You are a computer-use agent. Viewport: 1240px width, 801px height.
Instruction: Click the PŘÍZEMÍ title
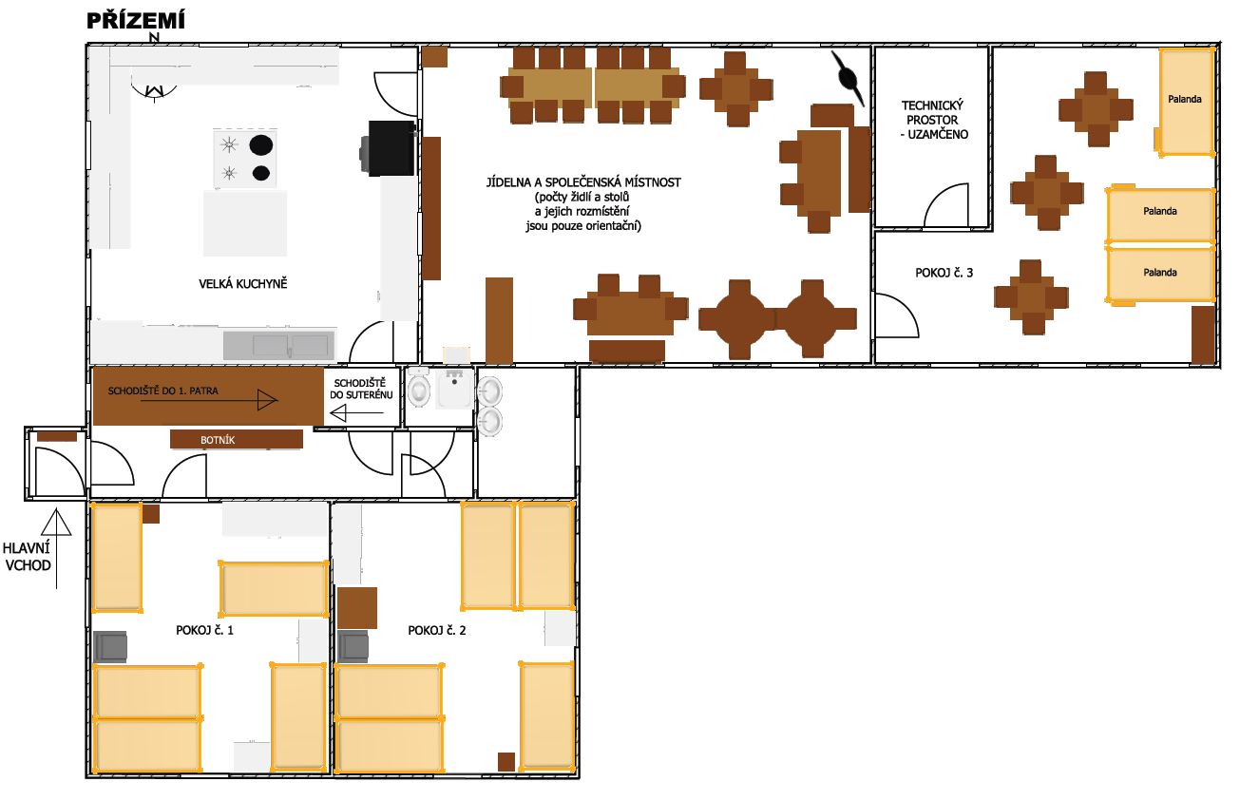[x=136, y=21]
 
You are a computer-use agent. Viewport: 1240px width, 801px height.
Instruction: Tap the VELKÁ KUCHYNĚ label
[x=243, y=284]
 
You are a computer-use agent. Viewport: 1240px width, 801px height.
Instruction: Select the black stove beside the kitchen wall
[x=389, y=148]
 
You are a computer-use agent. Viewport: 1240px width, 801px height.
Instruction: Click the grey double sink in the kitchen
[x=279, y=346]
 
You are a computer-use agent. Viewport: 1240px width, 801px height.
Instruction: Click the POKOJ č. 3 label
[x=944, y=273]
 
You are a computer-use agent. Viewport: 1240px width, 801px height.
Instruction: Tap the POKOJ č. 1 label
[x=204, y=630]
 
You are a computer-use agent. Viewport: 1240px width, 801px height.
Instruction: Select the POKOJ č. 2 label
[x=437, y=630]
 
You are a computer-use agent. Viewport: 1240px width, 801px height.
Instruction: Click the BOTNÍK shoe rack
[x=237, y=440]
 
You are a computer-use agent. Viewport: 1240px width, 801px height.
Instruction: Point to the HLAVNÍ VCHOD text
[x=27, y=557]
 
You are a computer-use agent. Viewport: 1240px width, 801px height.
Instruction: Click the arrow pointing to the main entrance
[x=56, y=548]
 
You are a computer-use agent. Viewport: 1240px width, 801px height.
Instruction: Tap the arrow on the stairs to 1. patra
[x=209, y=400]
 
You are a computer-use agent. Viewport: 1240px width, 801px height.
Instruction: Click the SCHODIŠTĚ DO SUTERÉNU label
[x=361, y=389]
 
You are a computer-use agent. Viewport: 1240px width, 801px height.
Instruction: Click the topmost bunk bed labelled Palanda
[x=1186, y=102]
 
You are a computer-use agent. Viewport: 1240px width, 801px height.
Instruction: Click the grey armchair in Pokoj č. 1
[x=111, y=646]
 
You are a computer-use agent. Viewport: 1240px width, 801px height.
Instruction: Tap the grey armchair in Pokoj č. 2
[x=353, y=646]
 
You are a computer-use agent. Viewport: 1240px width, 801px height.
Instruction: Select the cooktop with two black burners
[x=245, y=159]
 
